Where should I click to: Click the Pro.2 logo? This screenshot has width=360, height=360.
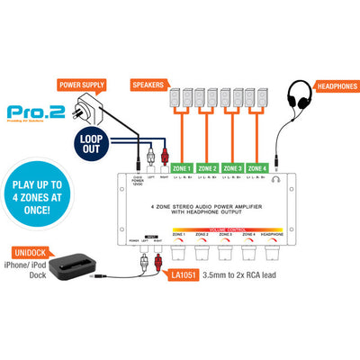point(31,114)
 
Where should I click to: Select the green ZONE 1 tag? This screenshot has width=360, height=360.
point(182,167)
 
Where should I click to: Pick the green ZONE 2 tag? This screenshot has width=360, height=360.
point(208,167)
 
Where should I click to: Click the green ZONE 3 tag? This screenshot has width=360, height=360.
point(233,167)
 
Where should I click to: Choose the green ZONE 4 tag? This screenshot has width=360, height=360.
point(258,167)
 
